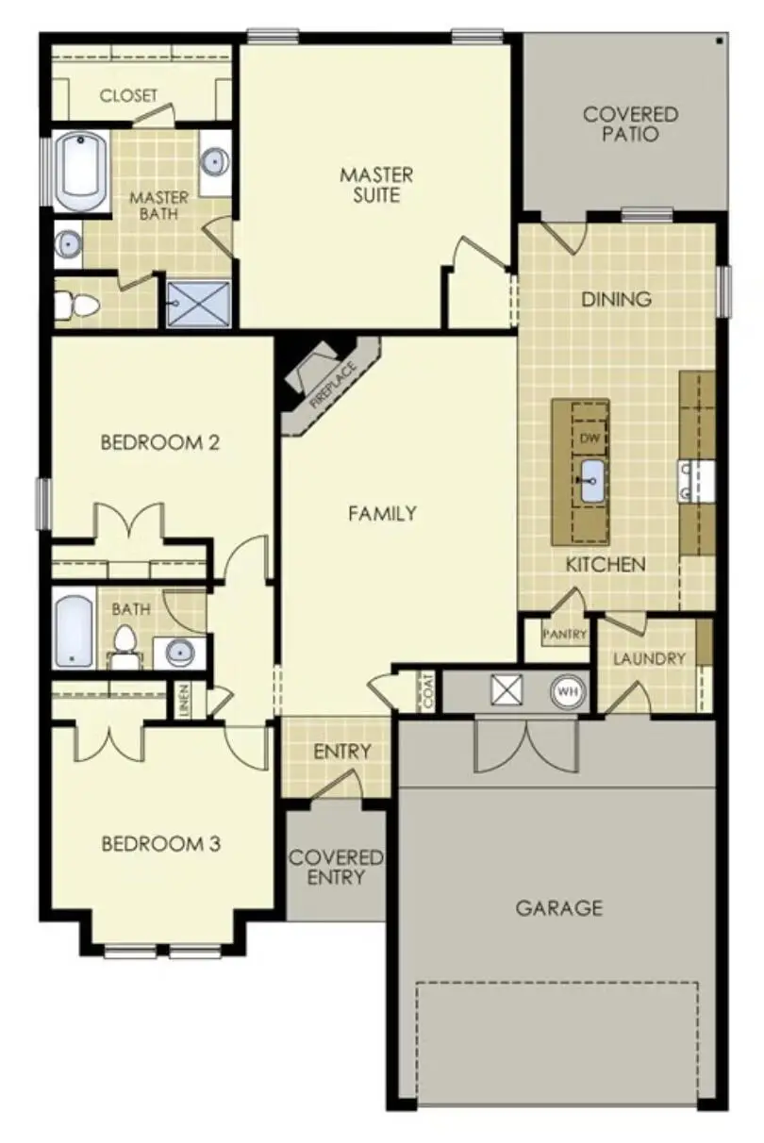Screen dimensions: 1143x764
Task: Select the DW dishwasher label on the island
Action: [x=590, y=439]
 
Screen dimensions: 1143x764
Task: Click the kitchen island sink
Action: [x=591, y=483]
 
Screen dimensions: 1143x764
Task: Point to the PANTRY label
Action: [x=565, y=635]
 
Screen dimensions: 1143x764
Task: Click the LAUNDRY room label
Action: [x=649, y=658]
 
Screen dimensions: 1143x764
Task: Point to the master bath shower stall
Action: [x=198, y=301]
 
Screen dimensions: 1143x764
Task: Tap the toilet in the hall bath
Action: [x=124, y=642]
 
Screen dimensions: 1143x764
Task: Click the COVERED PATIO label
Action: [x=630, y=124]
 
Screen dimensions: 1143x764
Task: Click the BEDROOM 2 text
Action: [x=160, y=441]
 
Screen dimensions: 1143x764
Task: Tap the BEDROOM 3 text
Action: [x=160, y=843]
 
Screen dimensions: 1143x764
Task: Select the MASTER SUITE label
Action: [x=376, y=185]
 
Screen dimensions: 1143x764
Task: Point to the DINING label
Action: [x=616, y=299]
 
